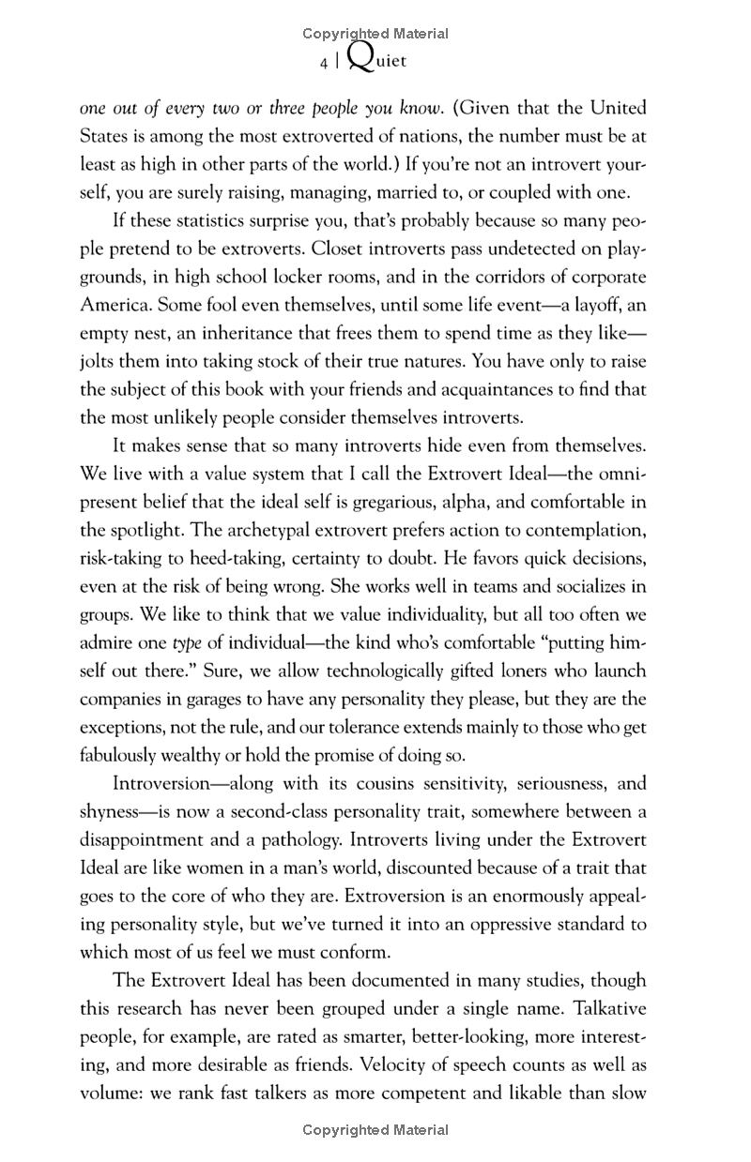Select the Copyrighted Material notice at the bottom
pos(375,1130)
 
